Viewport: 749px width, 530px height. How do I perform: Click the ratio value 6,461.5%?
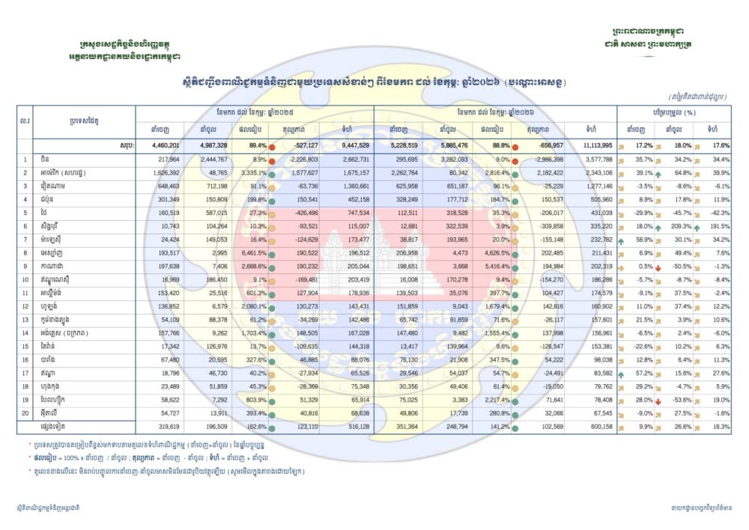(252, 255)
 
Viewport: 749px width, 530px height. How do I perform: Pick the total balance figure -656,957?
(544, 146)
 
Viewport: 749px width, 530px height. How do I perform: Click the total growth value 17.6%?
(718, 146)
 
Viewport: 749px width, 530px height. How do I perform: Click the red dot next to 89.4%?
(273, 147)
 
